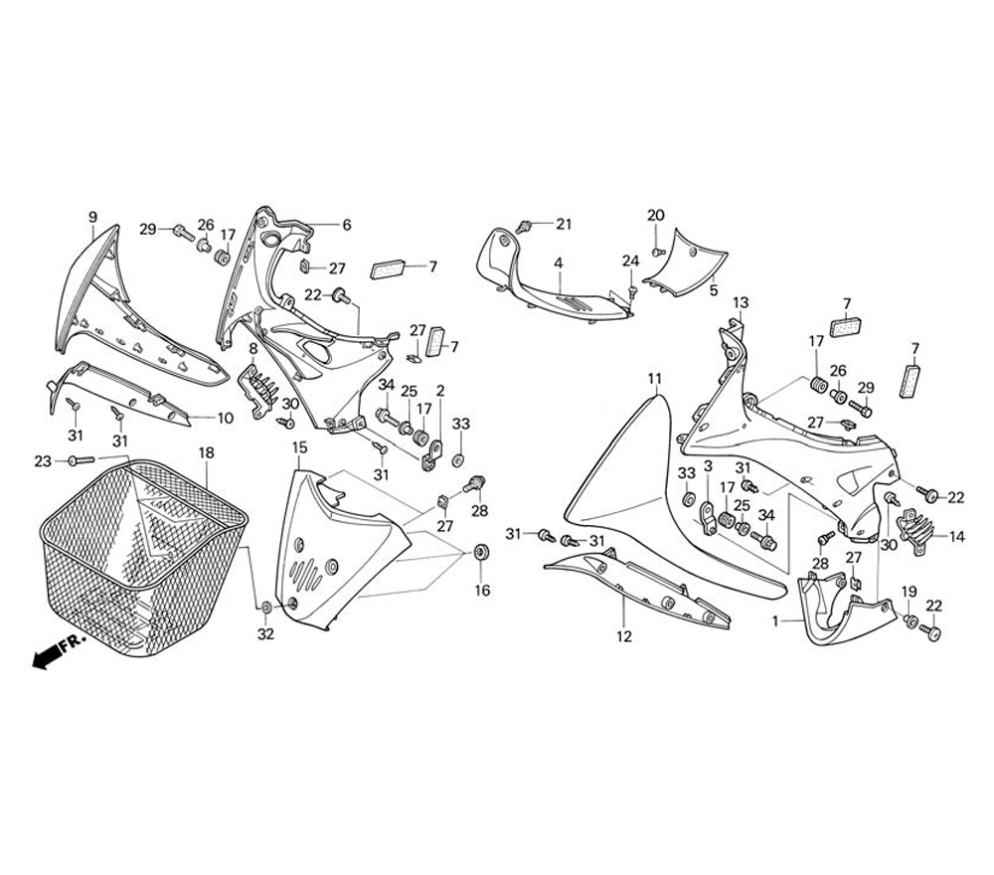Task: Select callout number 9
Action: pos(92,217)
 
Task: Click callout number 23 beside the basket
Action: pos(42,460)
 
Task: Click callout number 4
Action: pos(559,263)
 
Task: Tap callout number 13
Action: pos(741,302)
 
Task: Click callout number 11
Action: pos(654,379)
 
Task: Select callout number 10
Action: pos(225,419)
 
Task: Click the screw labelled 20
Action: pos(657,251)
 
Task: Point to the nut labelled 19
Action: pos(910,620)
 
